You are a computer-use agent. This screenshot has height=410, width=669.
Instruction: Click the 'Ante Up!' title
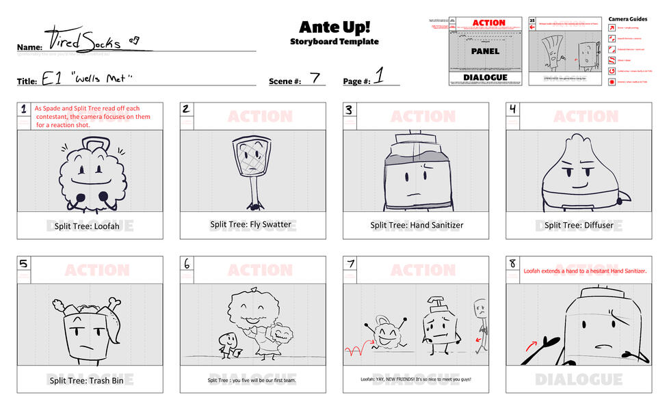(334, 27)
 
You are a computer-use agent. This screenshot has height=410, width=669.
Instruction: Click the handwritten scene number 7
(315, 78)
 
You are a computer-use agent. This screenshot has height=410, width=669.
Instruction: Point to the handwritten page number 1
(378, 77)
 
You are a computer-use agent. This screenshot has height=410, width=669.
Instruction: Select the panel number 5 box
(24, 263)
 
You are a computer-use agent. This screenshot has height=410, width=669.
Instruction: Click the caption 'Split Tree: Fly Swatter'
(250, 224)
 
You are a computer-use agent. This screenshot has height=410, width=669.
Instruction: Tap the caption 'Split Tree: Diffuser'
(578, 225)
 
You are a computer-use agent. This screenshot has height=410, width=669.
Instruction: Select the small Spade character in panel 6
(226, 344)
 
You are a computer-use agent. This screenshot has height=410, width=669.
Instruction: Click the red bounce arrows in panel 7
(354, 351)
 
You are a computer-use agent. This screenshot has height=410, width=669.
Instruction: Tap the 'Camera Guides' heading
(627, 19)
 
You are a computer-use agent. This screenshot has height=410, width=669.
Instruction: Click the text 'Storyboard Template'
(334, 42)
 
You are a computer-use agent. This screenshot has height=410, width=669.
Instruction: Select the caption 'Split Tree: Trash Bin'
(90, 380)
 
